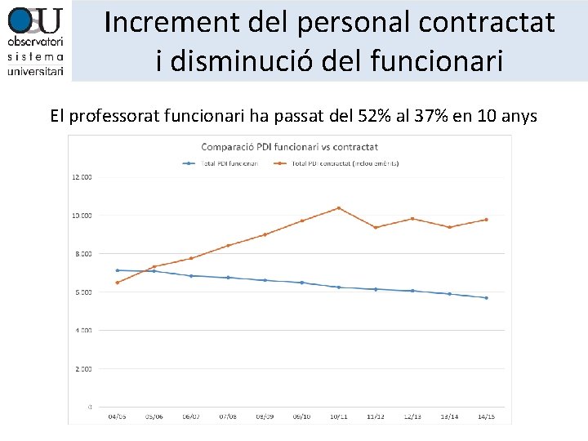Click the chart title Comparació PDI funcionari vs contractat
289,147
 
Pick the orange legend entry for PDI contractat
343,163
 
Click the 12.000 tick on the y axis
82,177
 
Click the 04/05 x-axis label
118,416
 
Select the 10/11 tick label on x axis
338,416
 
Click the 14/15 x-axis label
486,416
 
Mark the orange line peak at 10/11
338,208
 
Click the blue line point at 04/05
118,270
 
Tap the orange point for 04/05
118,283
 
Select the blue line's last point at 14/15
486,298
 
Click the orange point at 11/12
376,228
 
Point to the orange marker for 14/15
486,220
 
